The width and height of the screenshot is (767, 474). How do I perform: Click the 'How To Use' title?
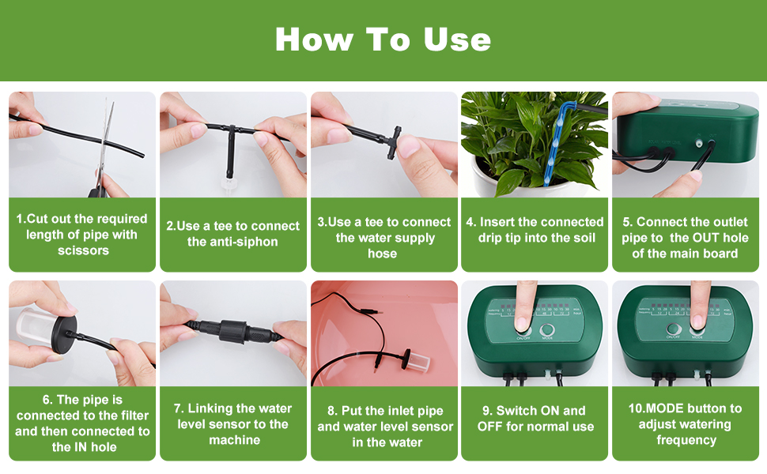point(383,39)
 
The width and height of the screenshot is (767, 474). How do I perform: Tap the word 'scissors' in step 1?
point(82,250)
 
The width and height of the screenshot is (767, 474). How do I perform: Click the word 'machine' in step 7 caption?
point(234,440)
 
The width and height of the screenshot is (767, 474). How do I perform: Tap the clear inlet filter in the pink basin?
point(418,364)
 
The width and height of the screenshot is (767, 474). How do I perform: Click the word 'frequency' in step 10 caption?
point(686,440)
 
